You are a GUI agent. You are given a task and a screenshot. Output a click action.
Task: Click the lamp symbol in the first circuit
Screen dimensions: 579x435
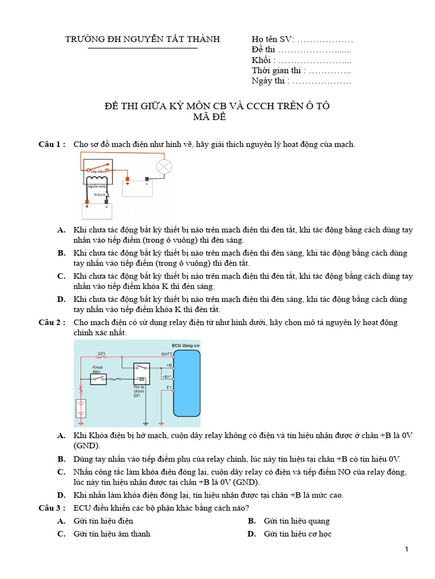(164, 167)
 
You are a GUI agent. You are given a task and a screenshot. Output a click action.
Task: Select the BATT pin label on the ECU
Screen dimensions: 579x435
(167, 353)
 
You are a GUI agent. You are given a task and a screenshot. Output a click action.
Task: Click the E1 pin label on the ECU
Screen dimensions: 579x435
(169, 387)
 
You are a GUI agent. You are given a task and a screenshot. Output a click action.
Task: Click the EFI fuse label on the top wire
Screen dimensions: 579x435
(101, 353)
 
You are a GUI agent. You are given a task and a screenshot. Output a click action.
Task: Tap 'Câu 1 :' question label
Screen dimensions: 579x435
(52, 145)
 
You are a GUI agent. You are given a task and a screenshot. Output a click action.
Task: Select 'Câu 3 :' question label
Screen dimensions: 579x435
(52, 508)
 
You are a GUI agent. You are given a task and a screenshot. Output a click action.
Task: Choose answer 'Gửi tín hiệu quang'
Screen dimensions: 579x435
(296, 521)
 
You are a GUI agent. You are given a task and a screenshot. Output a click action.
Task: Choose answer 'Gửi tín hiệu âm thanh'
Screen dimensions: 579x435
(112, 534)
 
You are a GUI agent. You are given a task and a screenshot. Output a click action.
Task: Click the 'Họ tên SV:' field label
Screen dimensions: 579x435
(272, 39)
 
